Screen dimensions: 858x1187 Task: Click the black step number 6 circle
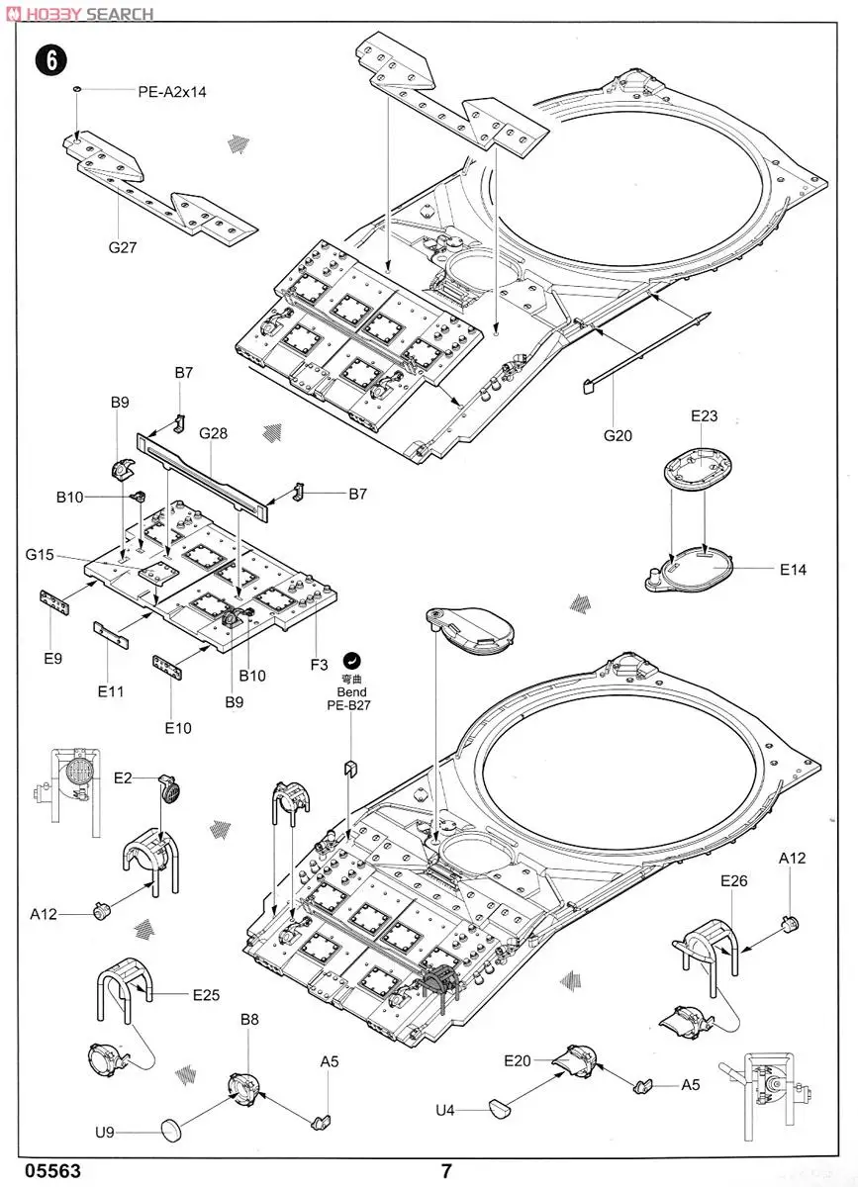click(x=51, y=60)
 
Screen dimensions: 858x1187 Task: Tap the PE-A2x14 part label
click(x=172, y=92)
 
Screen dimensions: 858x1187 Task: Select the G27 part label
click(x=123, y=247)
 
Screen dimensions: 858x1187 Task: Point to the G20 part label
click(x=618, y=435)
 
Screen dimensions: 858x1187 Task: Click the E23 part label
click(x=705, y=416)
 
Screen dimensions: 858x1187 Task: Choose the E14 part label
click(x=793, y=570)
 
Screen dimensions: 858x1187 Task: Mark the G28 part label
click(x=213, y=433)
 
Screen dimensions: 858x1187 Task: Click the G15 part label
click(x=40, y=554)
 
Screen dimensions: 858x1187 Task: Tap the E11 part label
click(x=110, y=691)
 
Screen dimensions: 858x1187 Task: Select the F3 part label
click(x=320, y=665)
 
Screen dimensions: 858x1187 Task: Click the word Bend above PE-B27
click(x=351, y=692)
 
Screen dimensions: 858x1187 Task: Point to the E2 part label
click(x=123, y=777)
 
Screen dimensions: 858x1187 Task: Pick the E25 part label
click(x=206, y=995)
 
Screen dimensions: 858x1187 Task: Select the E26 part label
click(x=734, y=880)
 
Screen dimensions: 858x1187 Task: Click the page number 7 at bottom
click(x=446, y=1169)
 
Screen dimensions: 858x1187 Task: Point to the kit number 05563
click(x=52, y=1169)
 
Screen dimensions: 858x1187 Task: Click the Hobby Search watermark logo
click(x=81, y=13)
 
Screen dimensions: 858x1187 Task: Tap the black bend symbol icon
click(x=351, y=661)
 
